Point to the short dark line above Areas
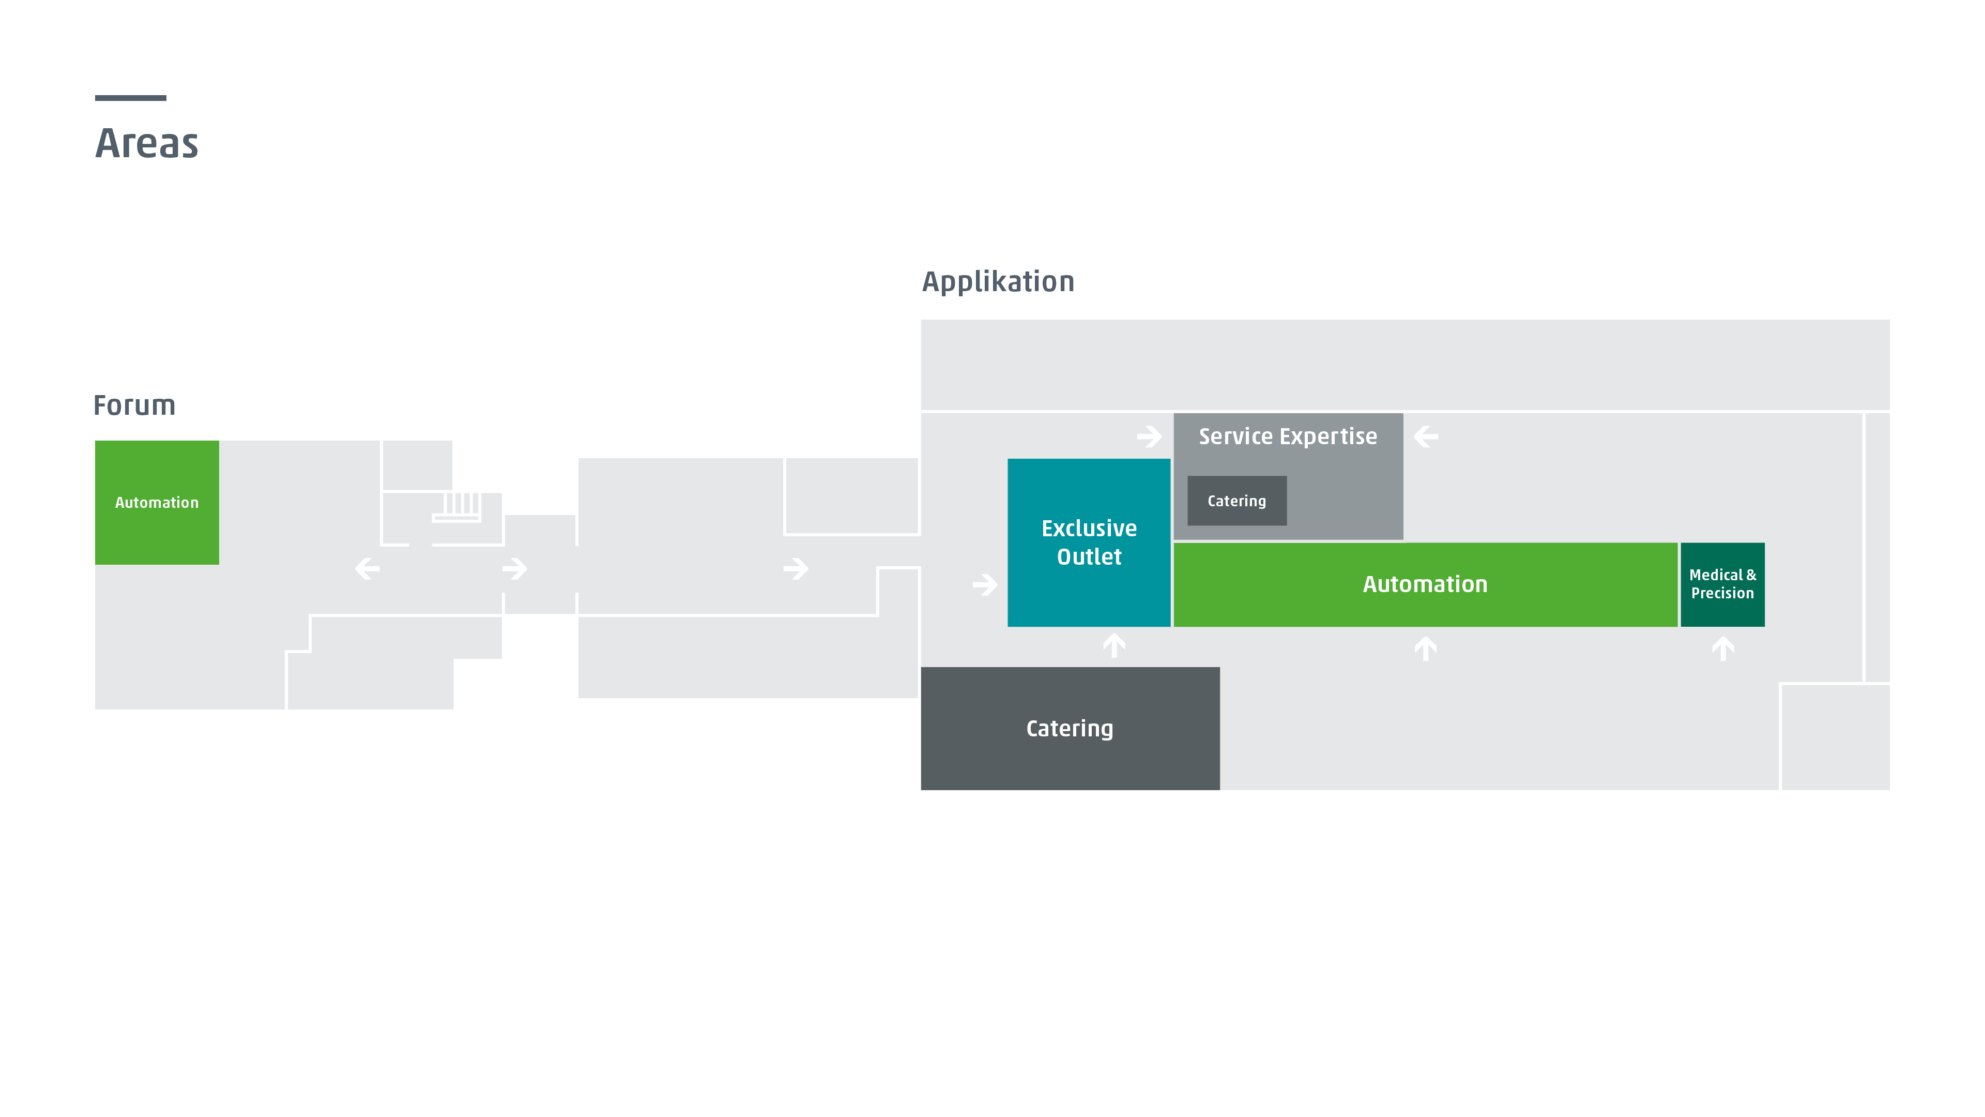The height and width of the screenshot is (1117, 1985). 130,98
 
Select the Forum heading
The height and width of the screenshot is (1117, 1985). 134,405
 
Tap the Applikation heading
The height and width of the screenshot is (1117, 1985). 998,282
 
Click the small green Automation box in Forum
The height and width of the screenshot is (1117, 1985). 157,503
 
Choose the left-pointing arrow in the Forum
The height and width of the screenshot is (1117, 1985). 368,569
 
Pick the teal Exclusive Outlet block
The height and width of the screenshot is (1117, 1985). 1089,542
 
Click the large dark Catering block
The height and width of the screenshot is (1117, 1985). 1070,729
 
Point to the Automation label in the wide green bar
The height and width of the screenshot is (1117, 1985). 1425,584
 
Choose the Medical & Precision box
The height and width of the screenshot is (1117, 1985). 1722,584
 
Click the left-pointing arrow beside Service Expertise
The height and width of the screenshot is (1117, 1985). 1426,437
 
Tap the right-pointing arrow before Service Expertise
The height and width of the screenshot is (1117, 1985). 1149,437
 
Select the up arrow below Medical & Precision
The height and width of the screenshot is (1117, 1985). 1723,648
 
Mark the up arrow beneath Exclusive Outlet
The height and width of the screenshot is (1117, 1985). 1114,645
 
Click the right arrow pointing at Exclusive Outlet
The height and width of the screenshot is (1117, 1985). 985,584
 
